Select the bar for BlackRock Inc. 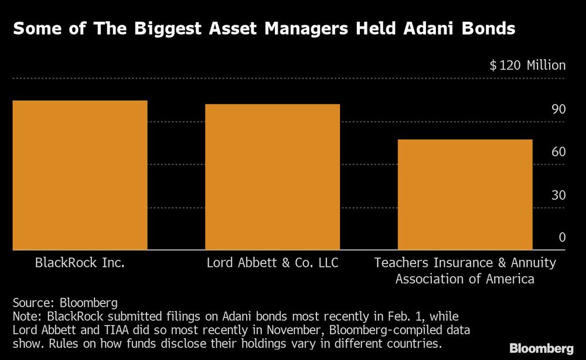(80, 175)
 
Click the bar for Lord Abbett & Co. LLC (272, 176)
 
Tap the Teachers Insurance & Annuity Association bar (465, 194)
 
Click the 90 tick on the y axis (558, 110)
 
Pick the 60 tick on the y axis (558, 152)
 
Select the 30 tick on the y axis (558, 195)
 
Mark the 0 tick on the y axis (562, 237)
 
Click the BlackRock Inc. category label (80, 263)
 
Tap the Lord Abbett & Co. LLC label (272, 263)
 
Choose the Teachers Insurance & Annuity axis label (465, 270)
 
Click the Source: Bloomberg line (65, 303)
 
